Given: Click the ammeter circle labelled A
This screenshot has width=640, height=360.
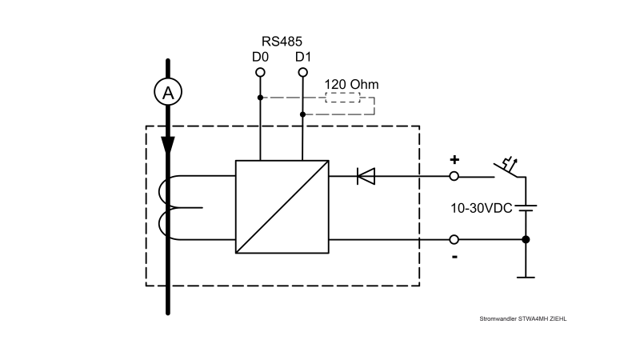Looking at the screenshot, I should point(168,93).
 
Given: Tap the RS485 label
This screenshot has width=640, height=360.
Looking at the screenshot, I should point(281,41).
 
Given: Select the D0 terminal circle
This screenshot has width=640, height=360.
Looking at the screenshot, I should point(260,73).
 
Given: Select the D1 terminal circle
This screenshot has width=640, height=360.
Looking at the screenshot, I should point(302,73).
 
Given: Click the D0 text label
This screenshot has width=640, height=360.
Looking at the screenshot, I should point(260,57).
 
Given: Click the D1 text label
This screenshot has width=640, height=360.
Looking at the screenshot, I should point(302,57).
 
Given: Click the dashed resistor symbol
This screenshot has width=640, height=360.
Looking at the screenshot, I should point(342,98).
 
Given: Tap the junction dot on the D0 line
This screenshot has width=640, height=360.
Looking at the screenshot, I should point(260,98).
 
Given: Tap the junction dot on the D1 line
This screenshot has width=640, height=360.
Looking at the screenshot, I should point(302,114).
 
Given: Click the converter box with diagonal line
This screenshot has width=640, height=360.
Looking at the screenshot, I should point(282,206).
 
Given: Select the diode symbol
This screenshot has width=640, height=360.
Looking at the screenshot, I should point(366,176).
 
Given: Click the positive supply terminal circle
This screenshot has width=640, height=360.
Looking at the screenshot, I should point(454,176).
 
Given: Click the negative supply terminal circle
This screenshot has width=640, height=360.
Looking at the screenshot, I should point(454,239).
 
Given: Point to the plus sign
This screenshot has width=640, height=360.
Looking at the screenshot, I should point(454,159).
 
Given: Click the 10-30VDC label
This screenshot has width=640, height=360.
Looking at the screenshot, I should point(480,208).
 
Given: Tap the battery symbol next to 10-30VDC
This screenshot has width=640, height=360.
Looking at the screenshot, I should point(526,208).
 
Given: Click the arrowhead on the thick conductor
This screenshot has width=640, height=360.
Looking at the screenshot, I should point(168,146).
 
